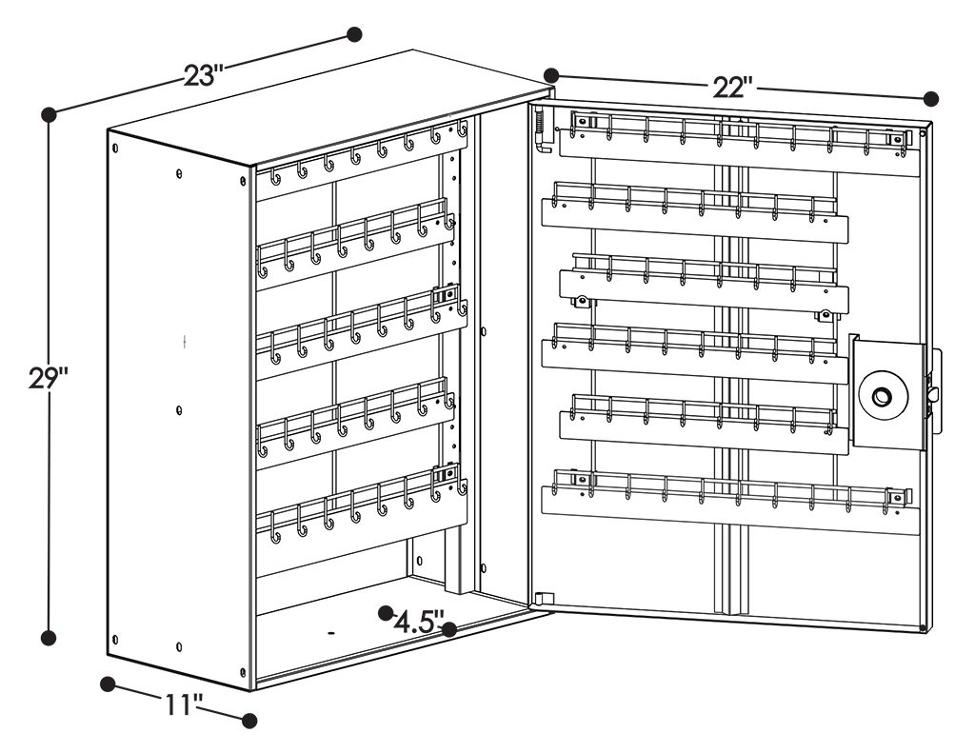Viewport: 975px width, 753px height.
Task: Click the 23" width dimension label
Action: point(204,75)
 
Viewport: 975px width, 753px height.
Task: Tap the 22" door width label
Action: point(734,87)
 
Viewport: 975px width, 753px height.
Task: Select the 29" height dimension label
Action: point(48,377)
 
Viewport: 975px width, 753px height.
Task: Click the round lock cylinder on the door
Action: point(883,395)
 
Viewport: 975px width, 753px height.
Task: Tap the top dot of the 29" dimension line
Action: point(49,114)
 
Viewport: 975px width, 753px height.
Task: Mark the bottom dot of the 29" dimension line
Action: point(49,638)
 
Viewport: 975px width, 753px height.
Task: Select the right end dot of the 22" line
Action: point(931,98)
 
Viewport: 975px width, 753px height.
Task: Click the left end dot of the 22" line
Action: point(551,75)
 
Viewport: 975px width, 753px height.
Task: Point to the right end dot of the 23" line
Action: point(354,34)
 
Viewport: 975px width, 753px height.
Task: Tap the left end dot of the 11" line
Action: point(109,684)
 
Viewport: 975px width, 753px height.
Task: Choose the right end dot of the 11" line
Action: point(249,721)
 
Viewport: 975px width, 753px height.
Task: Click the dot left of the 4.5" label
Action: point(387,613)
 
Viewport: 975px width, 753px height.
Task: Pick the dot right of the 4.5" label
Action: point(449,629)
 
